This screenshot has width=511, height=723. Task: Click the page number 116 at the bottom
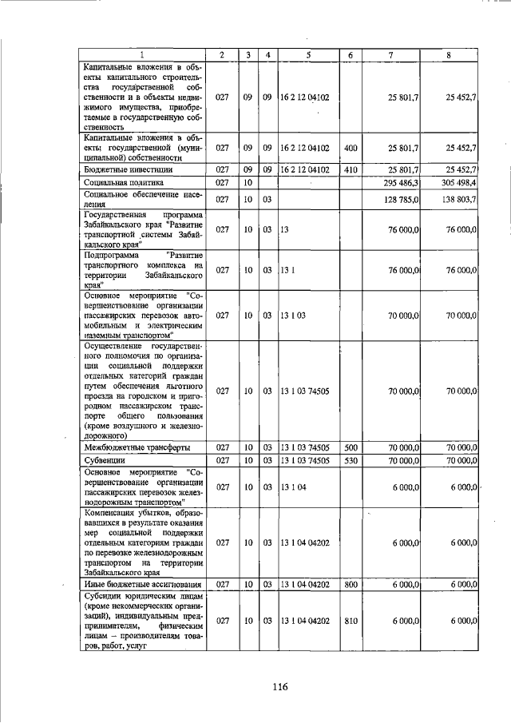click(278, 686)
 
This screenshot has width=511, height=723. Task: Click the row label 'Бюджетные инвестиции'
click(129, 169)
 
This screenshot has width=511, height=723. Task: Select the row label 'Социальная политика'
click(124, 183)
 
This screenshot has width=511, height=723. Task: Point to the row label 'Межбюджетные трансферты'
click(137, 447)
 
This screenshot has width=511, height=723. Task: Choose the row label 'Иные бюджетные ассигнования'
click(141, 585)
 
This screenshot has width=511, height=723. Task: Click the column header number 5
click(307, 54)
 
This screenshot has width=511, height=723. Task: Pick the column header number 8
click(450, 54)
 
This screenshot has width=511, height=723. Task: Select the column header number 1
click(142, 54)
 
